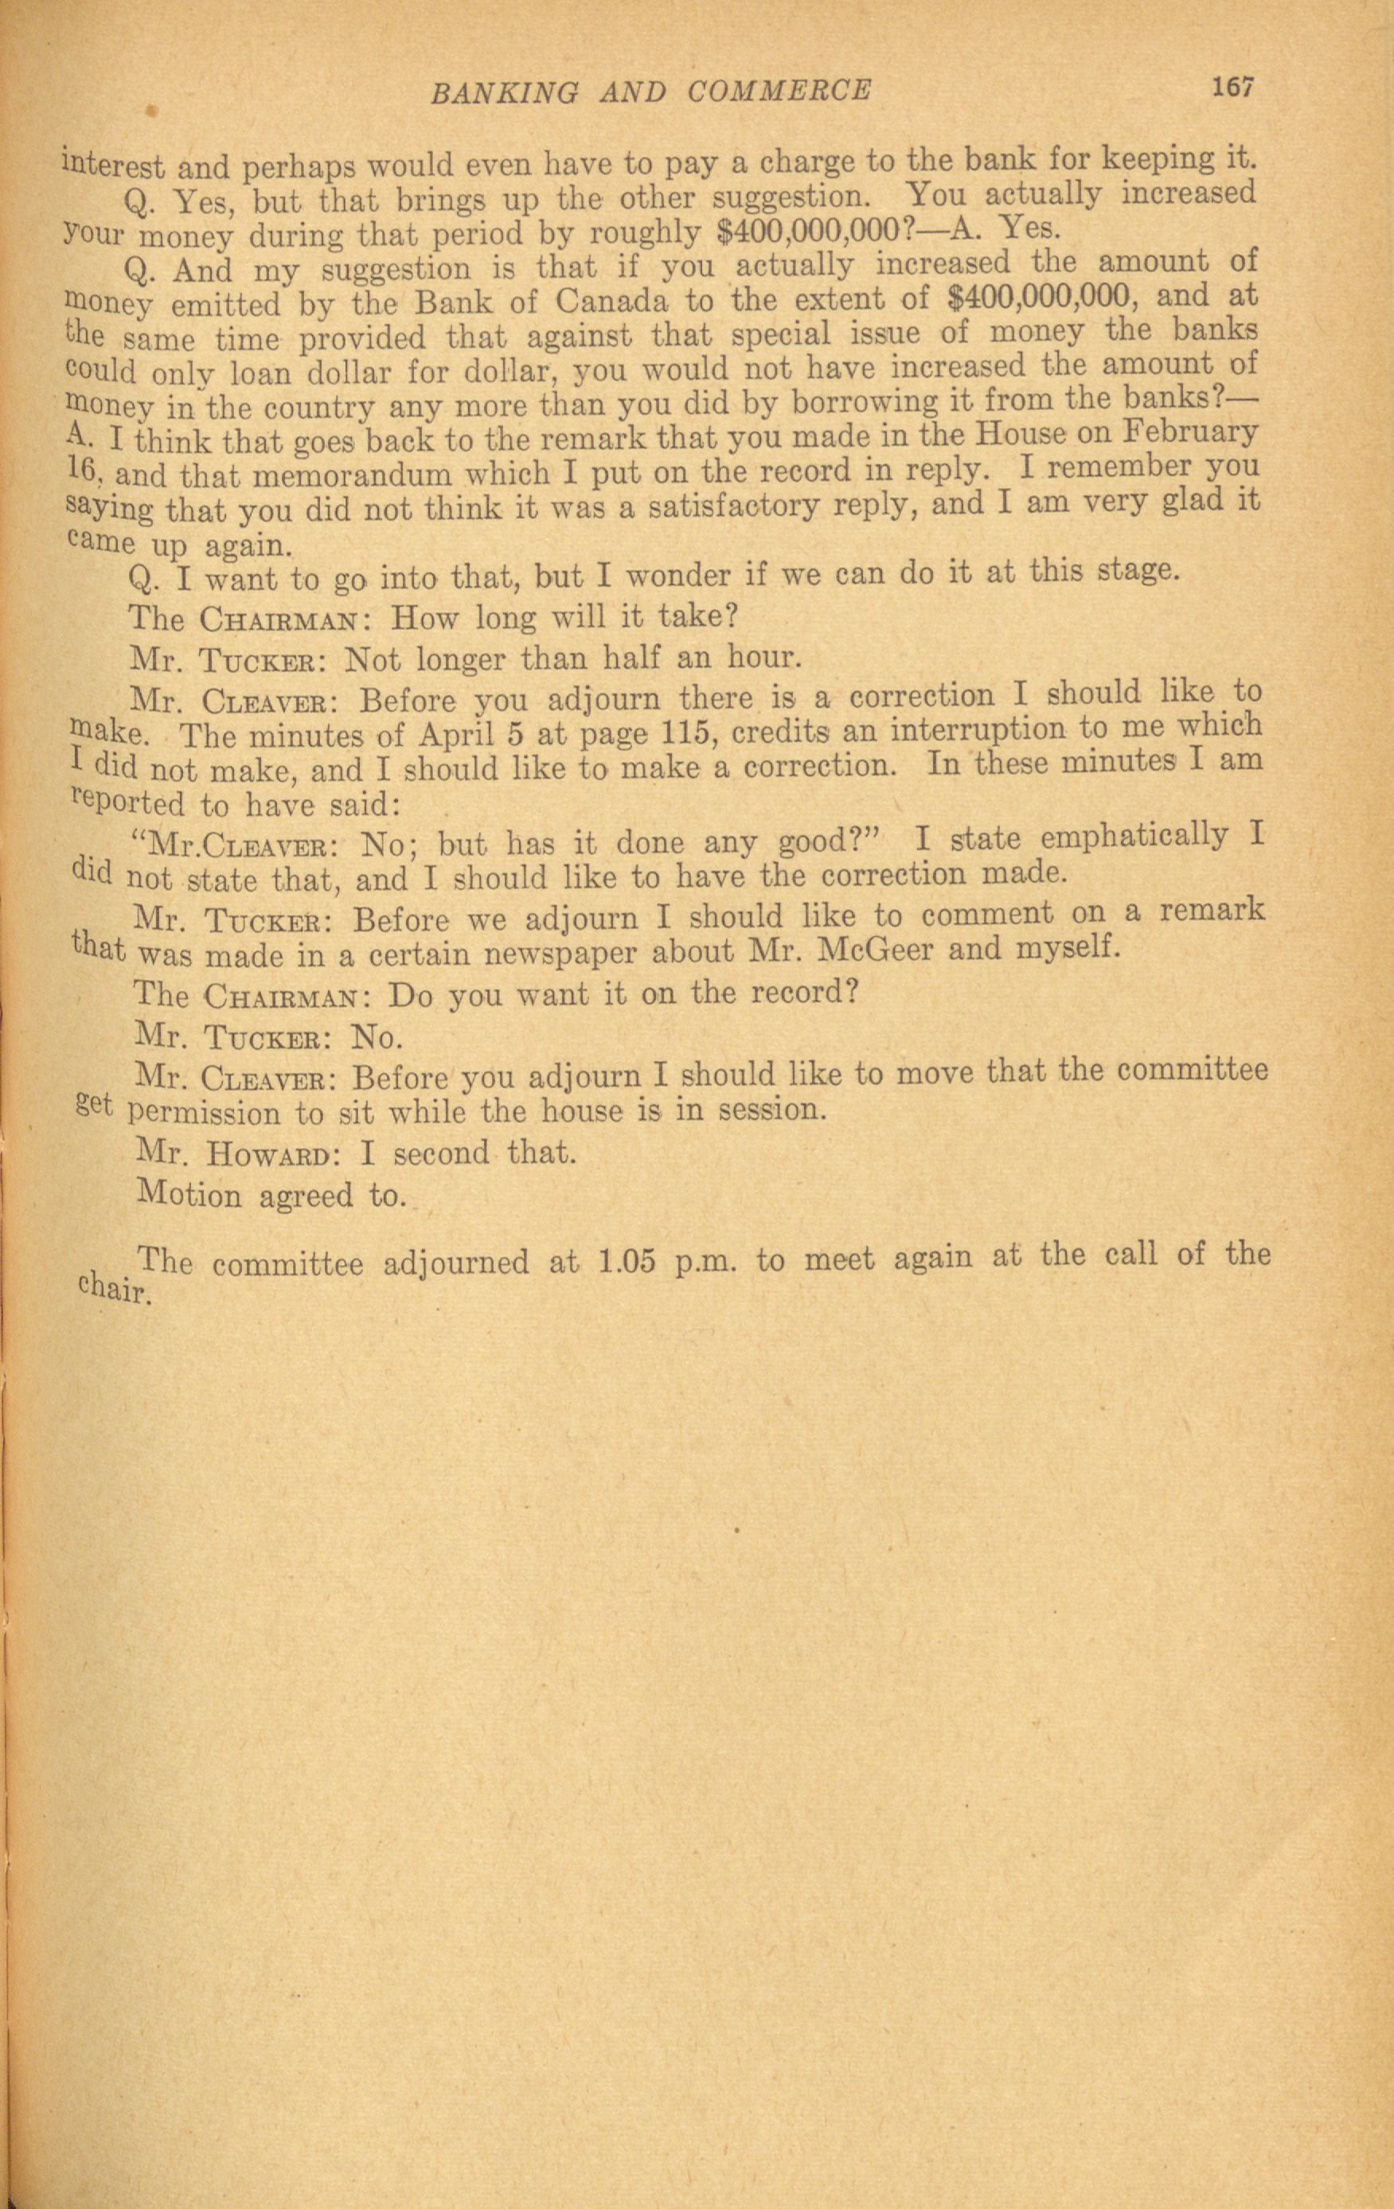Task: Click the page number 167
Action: [x=1232, y=88]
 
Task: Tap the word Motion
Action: [x=190, y=1196]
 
